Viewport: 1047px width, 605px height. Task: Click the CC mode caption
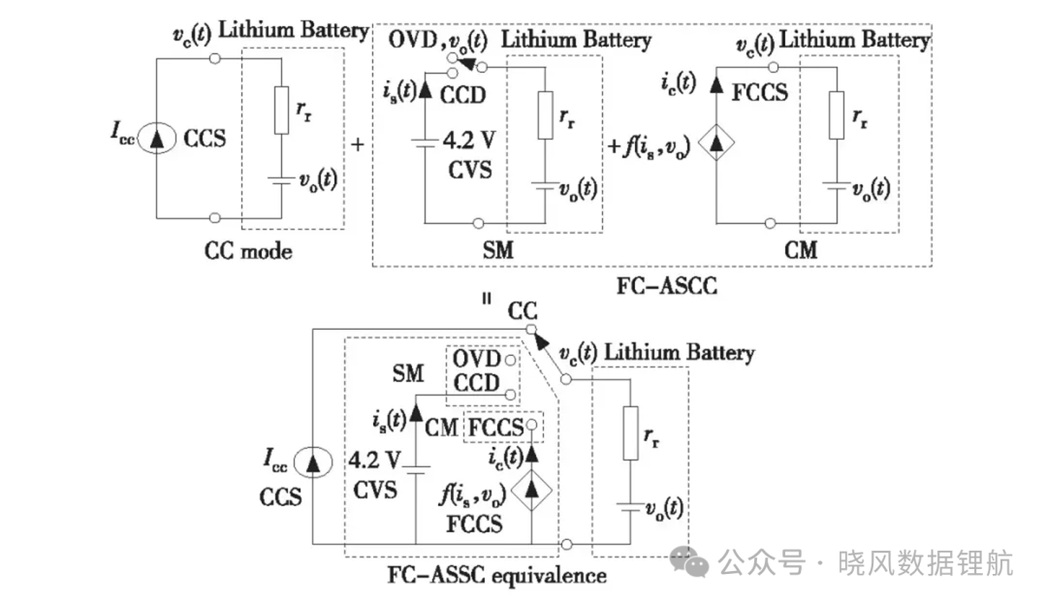[x=248, y=251]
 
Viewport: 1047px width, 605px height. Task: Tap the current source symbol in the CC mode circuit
[x=157, y=139]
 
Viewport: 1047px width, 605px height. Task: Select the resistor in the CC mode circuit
[x=281, y=111]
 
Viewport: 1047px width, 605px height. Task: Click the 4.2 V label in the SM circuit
[x=469, y=141]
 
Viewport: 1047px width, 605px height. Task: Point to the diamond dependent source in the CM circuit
[x=715, y=143]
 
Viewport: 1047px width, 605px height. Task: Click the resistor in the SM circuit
[x=546, y=115]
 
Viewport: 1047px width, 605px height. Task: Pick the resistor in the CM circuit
[x=836, y=115]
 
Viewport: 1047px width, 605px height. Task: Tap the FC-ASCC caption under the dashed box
[x=666, y=286]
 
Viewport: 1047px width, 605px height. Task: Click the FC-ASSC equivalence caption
[x=496, y=575]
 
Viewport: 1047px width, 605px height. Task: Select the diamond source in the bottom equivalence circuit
[x=531, y=490]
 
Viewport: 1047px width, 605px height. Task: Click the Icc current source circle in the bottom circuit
[x=312, y=462]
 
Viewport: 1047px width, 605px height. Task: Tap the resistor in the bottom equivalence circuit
[x=630, y=433]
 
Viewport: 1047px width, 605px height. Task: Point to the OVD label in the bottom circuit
[x=477, y=359]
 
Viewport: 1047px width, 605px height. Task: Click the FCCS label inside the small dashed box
[x=495, y=428]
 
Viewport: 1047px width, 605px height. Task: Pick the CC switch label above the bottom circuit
[x=523, y=310]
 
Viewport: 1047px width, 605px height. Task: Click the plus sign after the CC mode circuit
[x=357, y=144]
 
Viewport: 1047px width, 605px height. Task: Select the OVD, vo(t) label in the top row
[x=438, y=41]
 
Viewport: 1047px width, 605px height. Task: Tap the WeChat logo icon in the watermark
[x=690, y=561]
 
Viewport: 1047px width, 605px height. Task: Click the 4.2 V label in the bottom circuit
[x=374, y=461]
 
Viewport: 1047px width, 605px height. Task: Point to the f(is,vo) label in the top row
[x=656, y=146]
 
